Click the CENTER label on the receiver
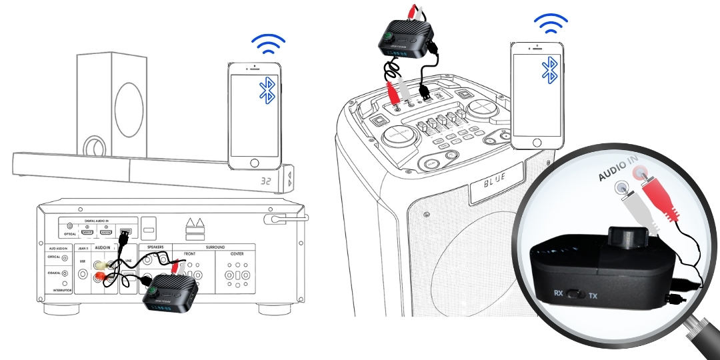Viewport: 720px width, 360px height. (x=237, y=254)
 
